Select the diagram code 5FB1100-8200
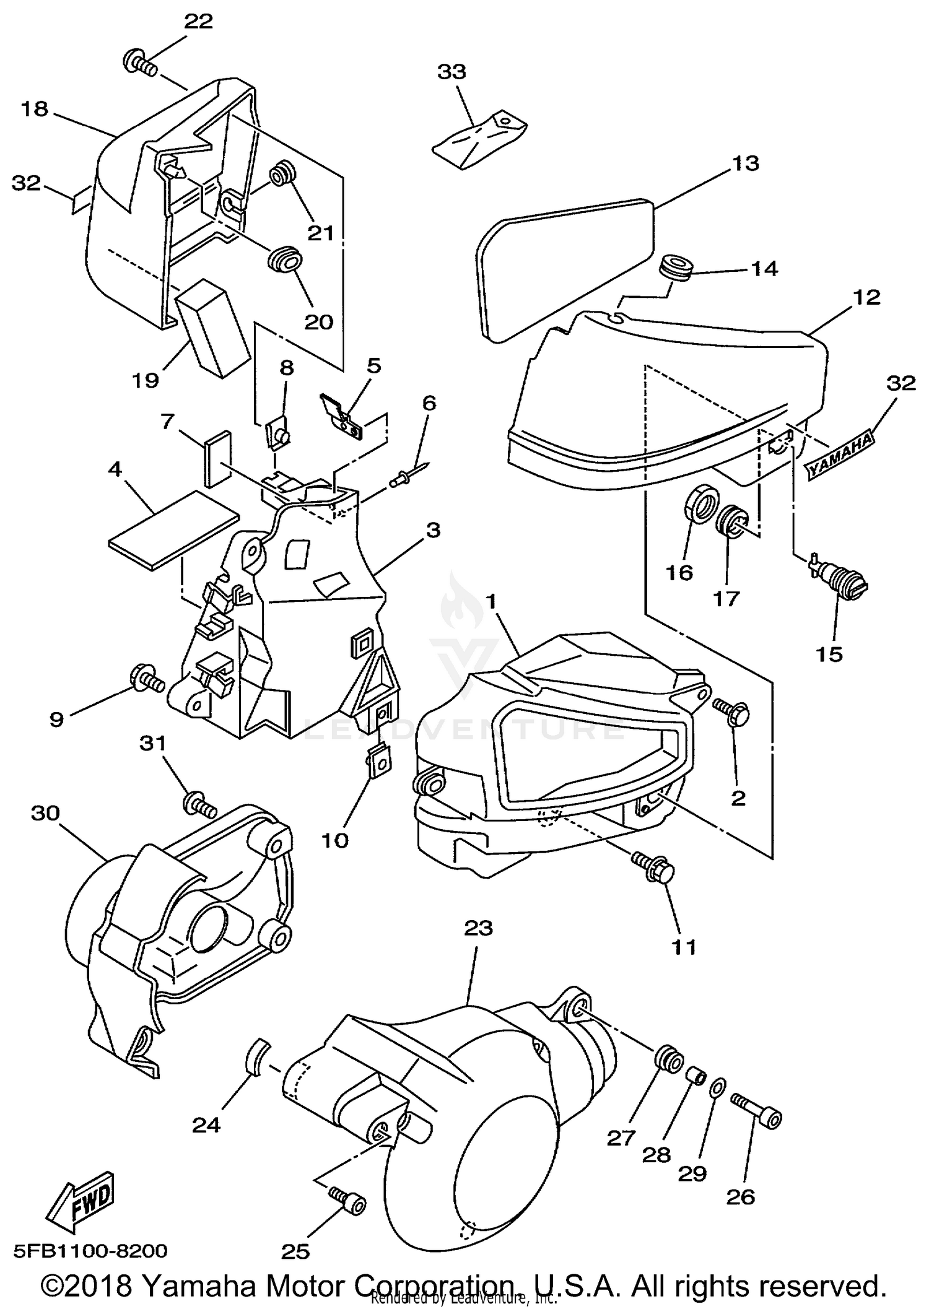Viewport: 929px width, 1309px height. pyautogui.click(x=85, y=1250)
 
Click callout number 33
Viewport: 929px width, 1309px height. pyautogui.click(x=451, y=72)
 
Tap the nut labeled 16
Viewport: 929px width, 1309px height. pyautogui.click(x=702, y=504)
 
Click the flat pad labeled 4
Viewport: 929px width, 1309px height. pyautogui.click(x=173, y=529)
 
